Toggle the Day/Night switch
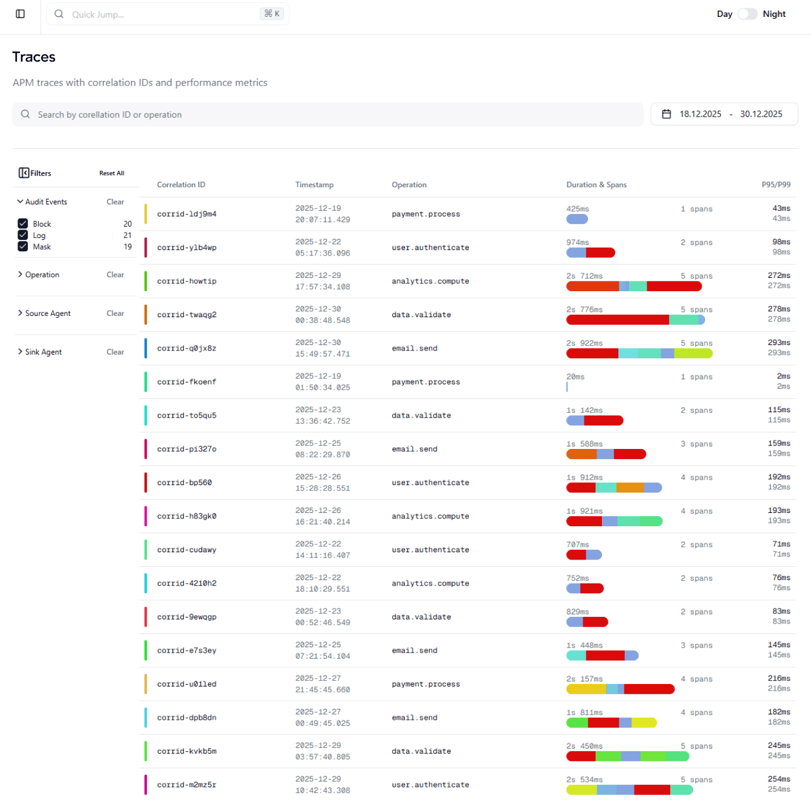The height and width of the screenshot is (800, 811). [747, 14]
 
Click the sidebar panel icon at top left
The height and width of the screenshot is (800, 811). [20, 14]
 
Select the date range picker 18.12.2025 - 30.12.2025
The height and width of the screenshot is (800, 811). [724, 114]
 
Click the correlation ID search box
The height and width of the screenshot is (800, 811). [328, 114]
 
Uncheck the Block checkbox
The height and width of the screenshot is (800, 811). [23, 224]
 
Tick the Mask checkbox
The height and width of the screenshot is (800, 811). [23, 247]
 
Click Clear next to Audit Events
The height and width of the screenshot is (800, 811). [115, 202]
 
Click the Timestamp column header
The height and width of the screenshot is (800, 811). [314, 185]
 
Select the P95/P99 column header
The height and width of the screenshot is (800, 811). [776, 185]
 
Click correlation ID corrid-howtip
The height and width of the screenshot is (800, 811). [187, 281]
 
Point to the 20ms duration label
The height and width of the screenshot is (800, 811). [575, 376]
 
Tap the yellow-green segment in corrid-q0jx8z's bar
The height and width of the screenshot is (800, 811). [693, 353]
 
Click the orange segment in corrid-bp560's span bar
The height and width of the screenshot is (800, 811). [630, 488]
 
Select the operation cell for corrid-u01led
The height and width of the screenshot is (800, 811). [425, 684]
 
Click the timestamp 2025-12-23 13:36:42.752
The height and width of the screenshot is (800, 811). [322, 415]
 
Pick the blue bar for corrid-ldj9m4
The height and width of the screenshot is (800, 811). [577, 219]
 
